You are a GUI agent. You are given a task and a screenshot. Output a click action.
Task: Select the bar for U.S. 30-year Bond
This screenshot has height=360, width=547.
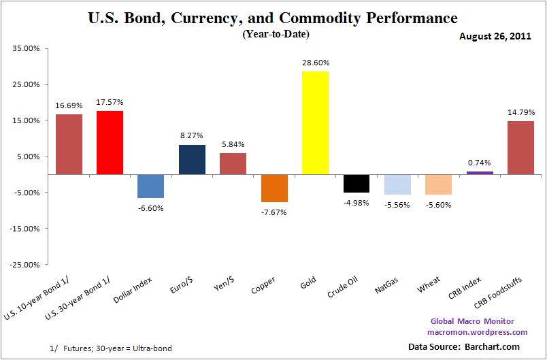pos(110,142)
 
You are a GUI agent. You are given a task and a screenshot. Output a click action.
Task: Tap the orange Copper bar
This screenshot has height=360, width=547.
pos(274,188)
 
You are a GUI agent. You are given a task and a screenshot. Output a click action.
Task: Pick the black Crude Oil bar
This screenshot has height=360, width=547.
pos(356,183)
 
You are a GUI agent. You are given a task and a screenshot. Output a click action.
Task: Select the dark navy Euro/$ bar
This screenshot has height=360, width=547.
pos(192,159)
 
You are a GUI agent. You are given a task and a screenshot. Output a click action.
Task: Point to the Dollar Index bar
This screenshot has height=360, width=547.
pos(151,186)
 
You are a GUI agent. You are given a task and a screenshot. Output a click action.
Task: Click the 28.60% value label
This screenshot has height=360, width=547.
pos(315,63)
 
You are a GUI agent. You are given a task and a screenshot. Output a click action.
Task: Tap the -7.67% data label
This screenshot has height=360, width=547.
pos(274,212)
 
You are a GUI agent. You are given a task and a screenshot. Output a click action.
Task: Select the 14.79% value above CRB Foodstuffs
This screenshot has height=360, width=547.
pos(520,112)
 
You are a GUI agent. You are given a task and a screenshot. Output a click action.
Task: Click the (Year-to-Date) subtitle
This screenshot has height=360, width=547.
pos(273,34)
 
